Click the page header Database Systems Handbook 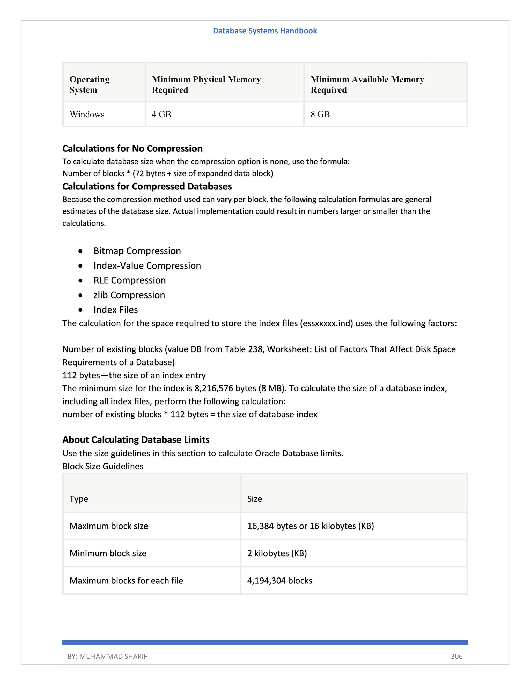pyautogui.click(x=265, y=31)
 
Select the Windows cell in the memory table pyautogui.click(x=87, y=114)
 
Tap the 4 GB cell pyautogui.click(x=161, y=114)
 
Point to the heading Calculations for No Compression pyautogui.click(x=132, y=148)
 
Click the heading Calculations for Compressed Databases pyautogui.click(x=147, y=186)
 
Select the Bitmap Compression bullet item pyautogui.click(x=137, y=251)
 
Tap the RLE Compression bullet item pyautogui.click(x=129, y=280)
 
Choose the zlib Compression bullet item pyautogui.click(x=129, y=295)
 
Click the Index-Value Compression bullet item pyautogui.click(x=147, y=266)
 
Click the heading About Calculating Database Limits pyautogui.click(x=136, y=440)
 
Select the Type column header pyautogui.click(x=79, y=499)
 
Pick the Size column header pyautogui.click(x=254, y=499)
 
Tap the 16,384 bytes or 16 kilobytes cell pyautogui.click(x=310, y=526)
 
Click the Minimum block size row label pyautogui.click(x=108, y=553)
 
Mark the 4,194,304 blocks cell pyautogui.click(x=279, y=581)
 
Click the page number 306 pyautogui.click(x=457, y=656)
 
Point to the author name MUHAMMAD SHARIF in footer pyautogui.click(x=113, y=656)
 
